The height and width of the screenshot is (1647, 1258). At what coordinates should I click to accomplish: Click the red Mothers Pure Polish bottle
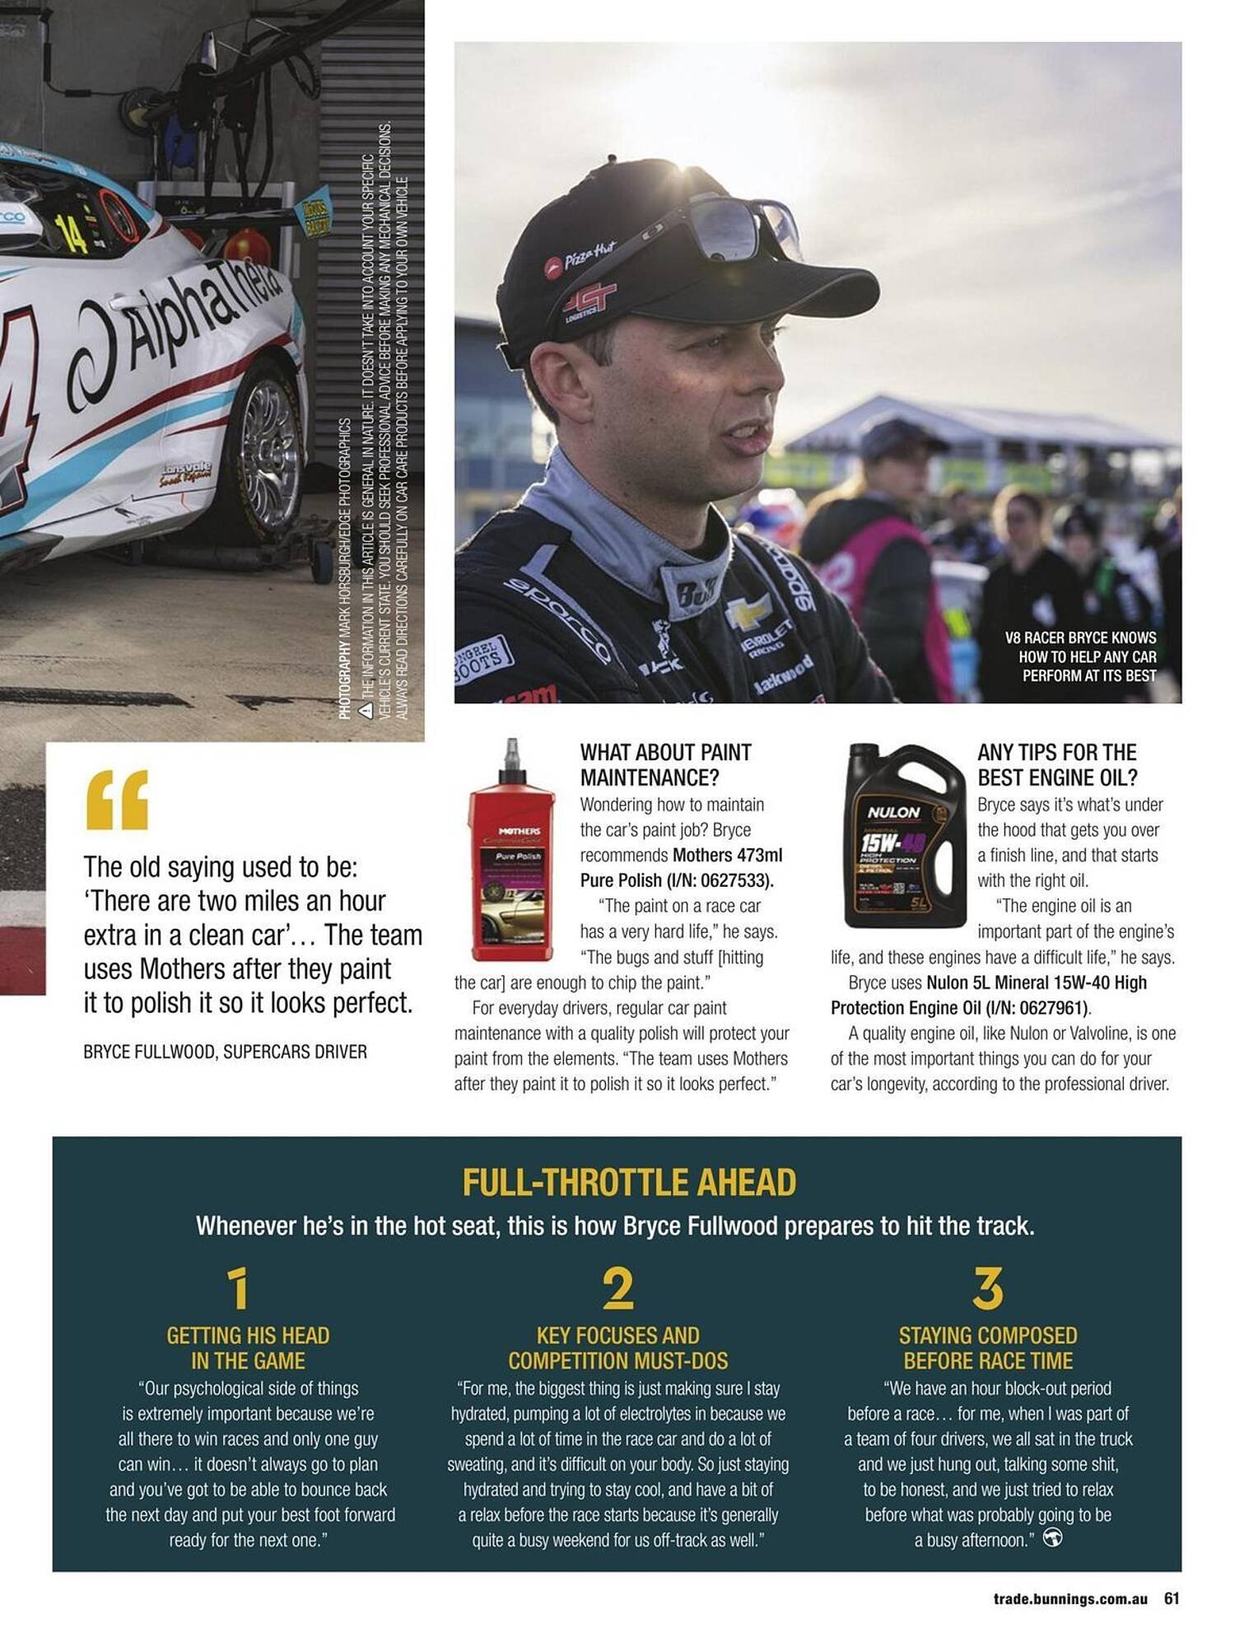click(x=511, y=856)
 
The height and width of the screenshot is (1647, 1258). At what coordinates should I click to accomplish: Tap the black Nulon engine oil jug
click(x=904, y=836)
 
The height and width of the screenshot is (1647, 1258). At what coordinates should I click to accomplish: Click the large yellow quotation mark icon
click(x=118, y=800)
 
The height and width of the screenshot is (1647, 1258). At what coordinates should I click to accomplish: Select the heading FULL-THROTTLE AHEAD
click(x=629, y=1183)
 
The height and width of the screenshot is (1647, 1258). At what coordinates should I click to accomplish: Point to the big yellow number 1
click(x=238, y=1289)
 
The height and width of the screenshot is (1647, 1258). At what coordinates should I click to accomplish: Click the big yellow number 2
click(x=617, y=1289)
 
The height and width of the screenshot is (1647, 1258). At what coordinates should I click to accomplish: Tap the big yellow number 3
click(x=987, y=1289)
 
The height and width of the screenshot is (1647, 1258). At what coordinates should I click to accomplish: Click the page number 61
click(x=1172, y=1598)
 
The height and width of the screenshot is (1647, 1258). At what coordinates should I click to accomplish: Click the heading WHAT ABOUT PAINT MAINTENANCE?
click(x=665, y=764)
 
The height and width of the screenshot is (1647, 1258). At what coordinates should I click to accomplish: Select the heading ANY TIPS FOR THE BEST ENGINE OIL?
click(x=1057, y=764)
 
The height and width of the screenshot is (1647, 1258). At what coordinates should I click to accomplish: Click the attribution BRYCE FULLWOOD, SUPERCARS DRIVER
click(x=225, y=1052)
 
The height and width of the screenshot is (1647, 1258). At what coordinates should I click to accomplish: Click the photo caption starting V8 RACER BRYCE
click(x=1080, y=656)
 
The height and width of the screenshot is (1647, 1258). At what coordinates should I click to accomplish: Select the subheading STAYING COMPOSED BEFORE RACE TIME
click(x=987, y=1347)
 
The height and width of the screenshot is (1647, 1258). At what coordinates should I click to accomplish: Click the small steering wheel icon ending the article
click(x=1052, y=1537)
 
